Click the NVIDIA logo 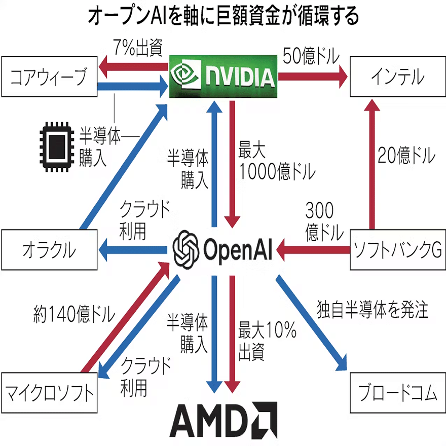(223, 77)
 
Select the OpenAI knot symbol (185, 248)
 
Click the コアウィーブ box (50, 78)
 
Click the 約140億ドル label (71, 315)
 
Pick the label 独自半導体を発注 (373, 309)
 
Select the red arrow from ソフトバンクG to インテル (373, 162)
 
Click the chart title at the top (223, 17)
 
